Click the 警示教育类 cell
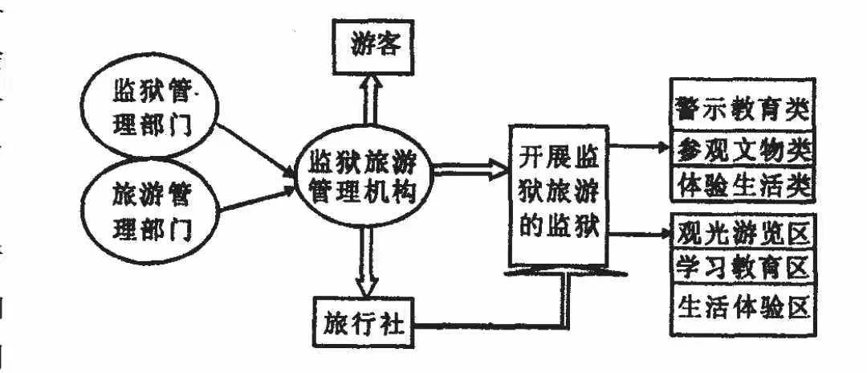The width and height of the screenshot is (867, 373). point(743,104)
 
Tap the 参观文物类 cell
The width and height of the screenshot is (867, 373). point(743,148)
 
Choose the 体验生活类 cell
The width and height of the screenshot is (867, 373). point(743,184)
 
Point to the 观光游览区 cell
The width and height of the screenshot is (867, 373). point(743,232)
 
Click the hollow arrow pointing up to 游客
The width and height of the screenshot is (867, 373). point(368,99)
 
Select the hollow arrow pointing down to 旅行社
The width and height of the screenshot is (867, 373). point(366,261)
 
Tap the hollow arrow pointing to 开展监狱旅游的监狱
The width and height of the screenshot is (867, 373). point(470,169)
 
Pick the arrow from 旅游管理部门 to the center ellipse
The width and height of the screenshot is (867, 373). point(257,199)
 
